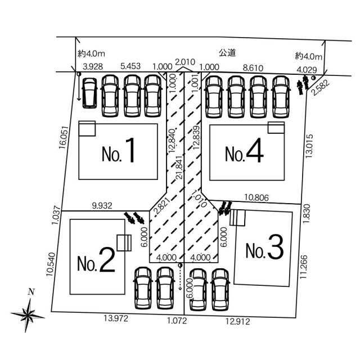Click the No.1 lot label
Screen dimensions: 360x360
coord(118,150)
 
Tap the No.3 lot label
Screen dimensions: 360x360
coord(264,247)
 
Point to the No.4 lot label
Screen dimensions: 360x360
coord(244,150)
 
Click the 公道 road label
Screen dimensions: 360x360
coord(227,53)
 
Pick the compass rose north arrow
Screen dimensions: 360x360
coord(28,314)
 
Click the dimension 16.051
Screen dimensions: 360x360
coord(64,137)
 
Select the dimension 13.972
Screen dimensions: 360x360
coord(116,318)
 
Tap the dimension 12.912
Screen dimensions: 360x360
coord(237,321)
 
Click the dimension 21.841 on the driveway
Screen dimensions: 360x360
coord(179,168)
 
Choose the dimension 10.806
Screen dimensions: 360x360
coord(256,197)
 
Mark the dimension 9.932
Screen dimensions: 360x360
coord(102,205)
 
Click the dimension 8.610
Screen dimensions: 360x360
coord(253,67)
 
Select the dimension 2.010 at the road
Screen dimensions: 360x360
coord(185,62)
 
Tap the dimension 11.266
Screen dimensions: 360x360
coord(304,267)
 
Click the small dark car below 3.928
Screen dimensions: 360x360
coord(89,93)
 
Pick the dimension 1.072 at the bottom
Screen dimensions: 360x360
coord(177,321)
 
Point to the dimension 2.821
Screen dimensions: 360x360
coord(163,205)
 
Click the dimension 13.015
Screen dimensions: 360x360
coord(309,146)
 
